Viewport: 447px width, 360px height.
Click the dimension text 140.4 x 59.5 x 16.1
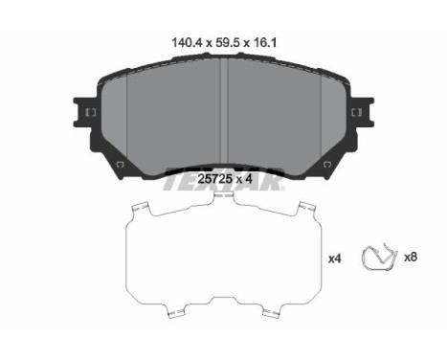pyautogui.click(x=222, y=41)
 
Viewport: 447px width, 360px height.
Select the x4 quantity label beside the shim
pyautogui.click(x=335, y=258)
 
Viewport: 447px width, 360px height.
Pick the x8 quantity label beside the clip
pyautogui.click(x=410, y=258)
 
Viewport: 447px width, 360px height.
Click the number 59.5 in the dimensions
pyautogui.click(x=222, y=41)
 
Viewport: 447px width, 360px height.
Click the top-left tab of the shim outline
pyautogui.click(x=141, y=208)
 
